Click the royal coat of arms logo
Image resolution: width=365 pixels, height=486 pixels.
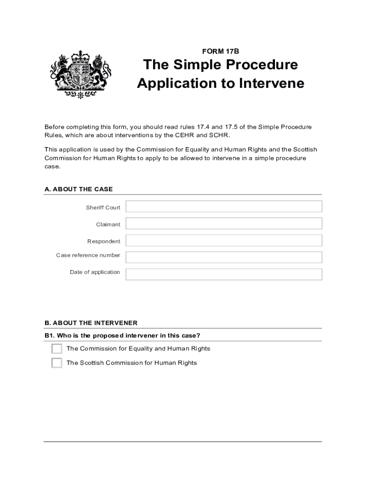[80, 74]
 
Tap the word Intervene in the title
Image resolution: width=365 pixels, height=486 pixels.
[271, 83]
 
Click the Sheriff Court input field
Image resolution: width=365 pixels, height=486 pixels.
[224, 206]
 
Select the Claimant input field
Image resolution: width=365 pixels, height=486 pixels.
[224, 224]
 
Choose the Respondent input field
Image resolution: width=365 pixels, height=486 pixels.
[224, 241]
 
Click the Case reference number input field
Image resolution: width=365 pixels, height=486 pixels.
[224, 257]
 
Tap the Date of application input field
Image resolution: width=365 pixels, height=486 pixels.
[224, 274]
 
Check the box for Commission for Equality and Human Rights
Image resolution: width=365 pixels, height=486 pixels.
[57, 349]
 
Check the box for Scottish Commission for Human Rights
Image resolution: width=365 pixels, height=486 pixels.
[57, 363]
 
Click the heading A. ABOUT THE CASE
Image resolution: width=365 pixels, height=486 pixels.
[79, 189]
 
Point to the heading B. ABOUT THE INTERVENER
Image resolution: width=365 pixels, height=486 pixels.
[91, 323]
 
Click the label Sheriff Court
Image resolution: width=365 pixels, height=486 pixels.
[103, 207]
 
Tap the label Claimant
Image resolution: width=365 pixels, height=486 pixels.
[108, 224]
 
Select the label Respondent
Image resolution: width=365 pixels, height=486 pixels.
[104, 241]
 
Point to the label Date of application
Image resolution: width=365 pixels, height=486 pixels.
[95, 272]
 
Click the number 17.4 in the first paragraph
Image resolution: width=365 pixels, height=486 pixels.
[204, 127]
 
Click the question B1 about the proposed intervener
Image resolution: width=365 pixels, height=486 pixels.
[122, 336]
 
